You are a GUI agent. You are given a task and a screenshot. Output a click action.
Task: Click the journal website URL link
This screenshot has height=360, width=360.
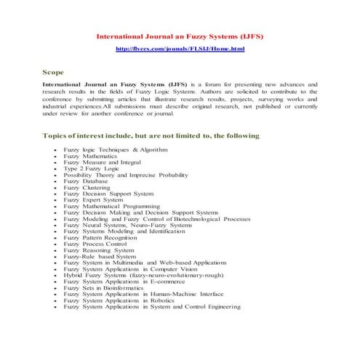(x=180, y=49)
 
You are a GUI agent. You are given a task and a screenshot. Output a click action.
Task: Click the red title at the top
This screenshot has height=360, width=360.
(x=180, y=36)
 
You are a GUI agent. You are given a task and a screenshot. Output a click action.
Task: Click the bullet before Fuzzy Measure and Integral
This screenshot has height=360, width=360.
(x=55, y=162)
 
